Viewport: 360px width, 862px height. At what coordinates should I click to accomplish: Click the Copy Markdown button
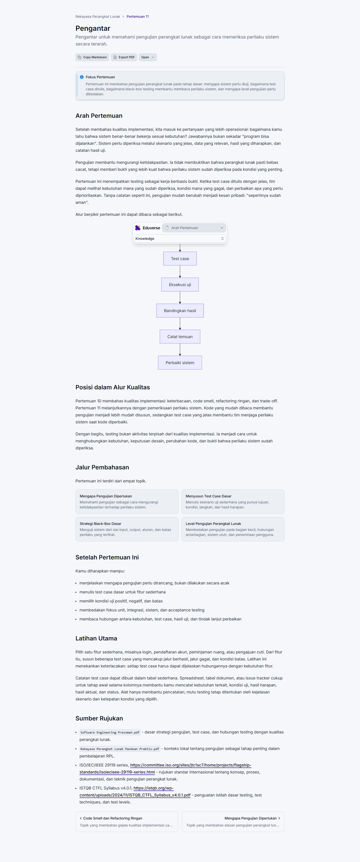tap(92, 57)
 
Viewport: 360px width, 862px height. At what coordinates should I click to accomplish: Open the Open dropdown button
tap(147, 57)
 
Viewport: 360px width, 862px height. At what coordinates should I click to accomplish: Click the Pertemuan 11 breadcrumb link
tap(137, 17)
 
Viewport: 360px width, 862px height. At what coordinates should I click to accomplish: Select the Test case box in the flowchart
tap(180, 259)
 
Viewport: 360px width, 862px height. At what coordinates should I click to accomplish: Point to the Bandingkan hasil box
tap(180, 311)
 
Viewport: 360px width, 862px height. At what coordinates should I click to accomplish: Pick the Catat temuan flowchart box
tap(180, 337)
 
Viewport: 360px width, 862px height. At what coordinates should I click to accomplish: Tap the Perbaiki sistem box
tap(180, 363)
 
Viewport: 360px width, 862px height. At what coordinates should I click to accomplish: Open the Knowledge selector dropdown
tap(180, 239)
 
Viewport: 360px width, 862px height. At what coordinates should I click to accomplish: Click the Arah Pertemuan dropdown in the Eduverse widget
tap(194, 228)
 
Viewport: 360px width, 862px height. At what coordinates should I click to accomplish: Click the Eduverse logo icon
tap(137, 228)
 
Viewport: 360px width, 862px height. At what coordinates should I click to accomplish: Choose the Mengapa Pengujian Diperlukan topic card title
tap(106, 496)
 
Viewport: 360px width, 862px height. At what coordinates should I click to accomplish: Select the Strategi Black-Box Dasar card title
tap(100, 524)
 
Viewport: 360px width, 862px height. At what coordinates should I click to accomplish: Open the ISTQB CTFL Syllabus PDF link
tap(135, 792)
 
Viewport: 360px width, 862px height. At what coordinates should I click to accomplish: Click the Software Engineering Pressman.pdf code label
tap(110, 732)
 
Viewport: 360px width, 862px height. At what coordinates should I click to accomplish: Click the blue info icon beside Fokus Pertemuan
tap(82, 77)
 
